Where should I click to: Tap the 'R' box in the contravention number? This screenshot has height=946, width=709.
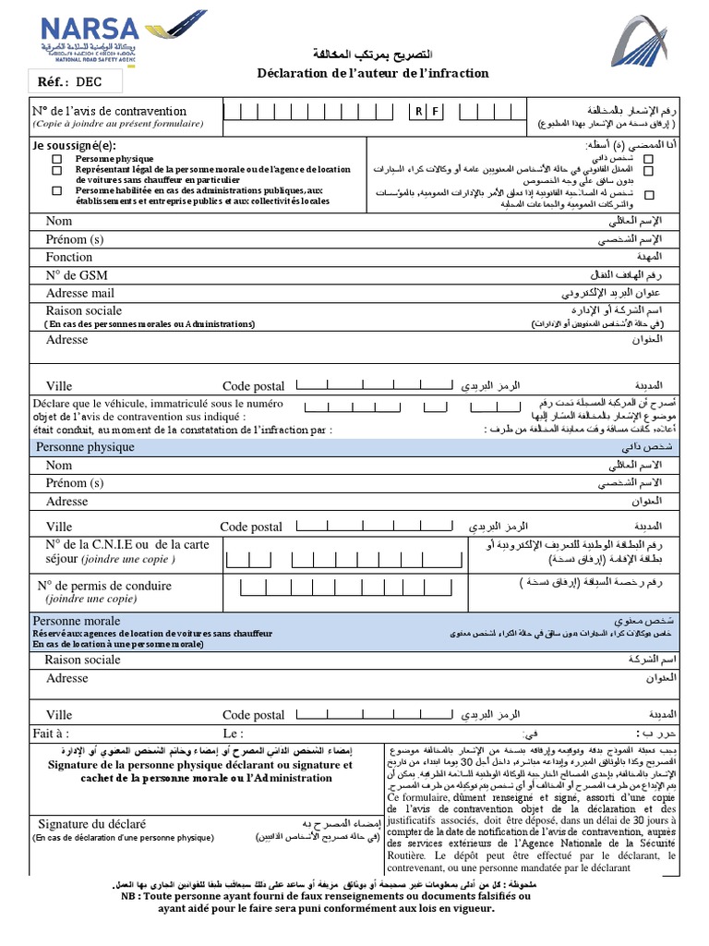click(418, 112)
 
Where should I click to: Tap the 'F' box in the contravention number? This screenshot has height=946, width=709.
click(435, 112)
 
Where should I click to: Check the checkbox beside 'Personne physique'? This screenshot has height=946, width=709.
click(57, 160)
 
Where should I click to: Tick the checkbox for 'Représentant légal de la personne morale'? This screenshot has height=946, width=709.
click(57, 170)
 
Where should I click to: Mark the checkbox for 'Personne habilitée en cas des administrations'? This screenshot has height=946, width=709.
click(57, 190)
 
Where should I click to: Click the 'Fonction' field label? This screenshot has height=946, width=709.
click(69, 257)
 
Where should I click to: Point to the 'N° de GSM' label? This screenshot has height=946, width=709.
click(77, 275)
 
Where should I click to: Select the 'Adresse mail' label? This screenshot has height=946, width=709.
click(80, 293)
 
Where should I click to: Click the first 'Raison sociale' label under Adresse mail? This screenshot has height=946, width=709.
click(83, 310)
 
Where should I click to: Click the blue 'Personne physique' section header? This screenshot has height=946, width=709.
click(85, 447)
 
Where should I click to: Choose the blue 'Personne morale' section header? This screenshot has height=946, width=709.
click(77, 621)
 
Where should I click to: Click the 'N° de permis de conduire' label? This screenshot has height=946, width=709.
click(104, 586)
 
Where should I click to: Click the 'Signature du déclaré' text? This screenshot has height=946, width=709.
click(91, 823)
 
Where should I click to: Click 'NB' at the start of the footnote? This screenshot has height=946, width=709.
click(129, 896)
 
